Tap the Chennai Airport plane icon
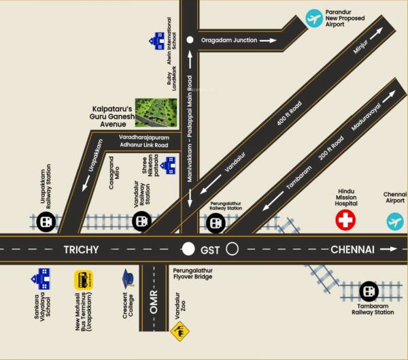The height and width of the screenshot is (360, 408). pyautogui.click(x=395, y=220)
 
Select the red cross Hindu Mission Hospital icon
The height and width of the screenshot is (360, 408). pyautogui.click(x=346, y=220)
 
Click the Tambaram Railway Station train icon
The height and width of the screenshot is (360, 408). pyautogui.click(x=369, y=291)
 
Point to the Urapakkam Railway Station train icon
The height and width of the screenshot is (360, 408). pyautogui.click(x=45, y=221)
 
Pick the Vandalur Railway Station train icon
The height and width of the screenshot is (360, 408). pyautogui.click(x=141, y=220)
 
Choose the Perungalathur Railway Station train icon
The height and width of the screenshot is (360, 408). pyautogui.click(x=216, y=222)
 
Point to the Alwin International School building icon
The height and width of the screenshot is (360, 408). pyautogui.click(x=158, y=39)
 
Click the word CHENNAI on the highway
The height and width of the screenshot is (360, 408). pyautogui.click(x=352, y=250)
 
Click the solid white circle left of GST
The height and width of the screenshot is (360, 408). pyautogui.click(x=188, y=249)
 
